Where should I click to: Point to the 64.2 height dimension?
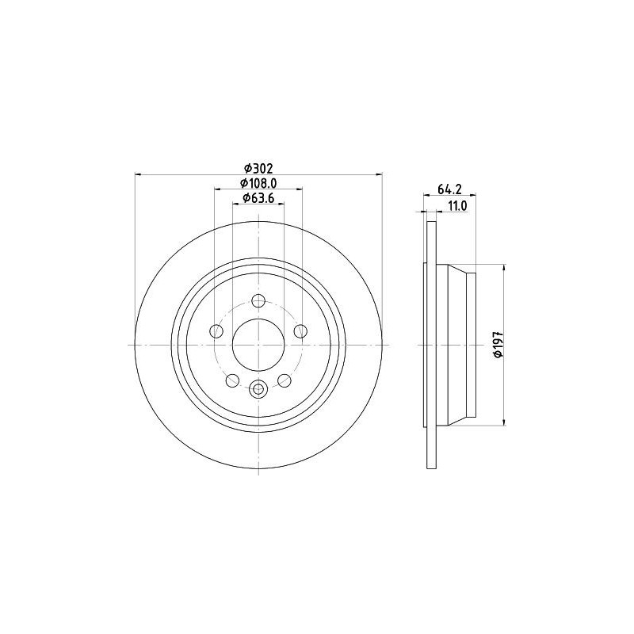[x=449, y=189]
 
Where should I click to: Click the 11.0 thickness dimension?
[x=457, y=205]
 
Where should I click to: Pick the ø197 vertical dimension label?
[x=498, y=345]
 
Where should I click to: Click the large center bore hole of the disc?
[x=258, y=345]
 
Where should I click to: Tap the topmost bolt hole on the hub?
[x=258, y=301]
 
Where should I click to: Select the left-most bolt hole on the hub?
[x=216, y=331]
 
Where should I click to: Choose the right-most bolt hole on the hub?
[x=300, y=331]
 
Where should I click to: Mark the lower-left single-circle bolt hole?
[x=232, y=381]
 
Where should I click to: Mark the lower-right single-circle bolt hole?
[x=285, y=381]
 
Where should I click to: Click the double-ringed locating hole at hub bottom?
[x=258, y=388]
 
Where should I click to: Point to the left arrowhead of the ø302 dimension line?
[x=139, y=174]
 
